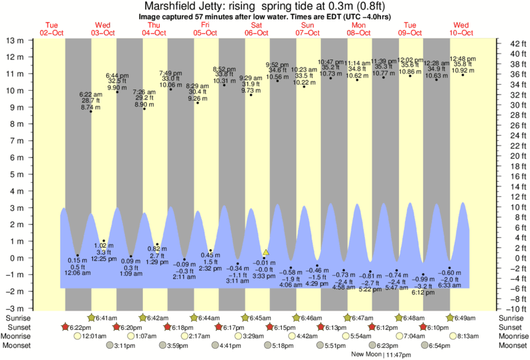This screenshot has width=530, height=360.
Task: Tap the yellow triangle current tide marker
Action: [x=266, y=252]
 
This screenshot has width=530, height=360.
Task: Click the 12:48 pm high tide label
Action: [x=463, y=58]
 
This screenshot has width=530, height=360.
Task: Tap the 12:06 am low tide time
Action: [x=78, y=274]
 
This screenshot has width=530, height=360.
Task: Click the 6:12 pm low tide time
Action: [x=423, y=293]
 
